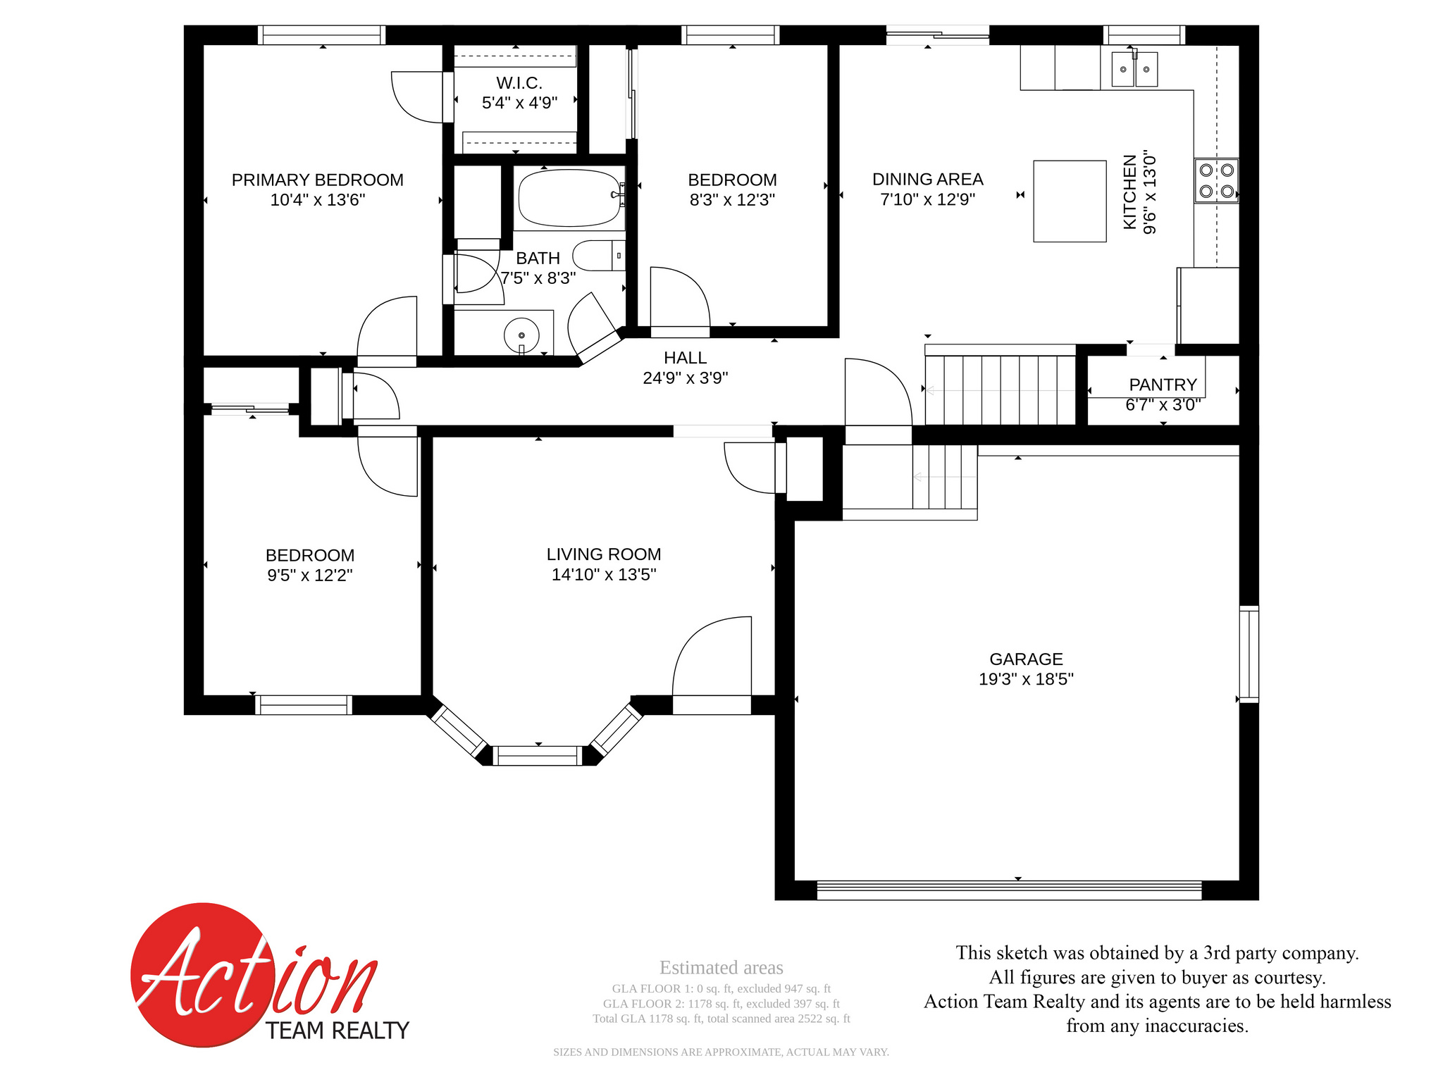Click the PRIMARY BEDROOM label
point(317,180)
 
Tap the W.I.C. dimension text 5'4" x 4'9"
point(519,103)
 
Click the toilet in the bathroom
point(599,256)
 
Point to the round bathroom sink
point(521,335)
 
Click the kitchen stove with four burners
point(1216,181)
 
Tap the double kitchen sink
point(1134,69)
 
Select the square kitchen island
point(1070,201)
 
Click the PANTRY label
point(1163,385)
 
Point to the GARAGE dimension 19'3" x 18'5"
point(1026,679)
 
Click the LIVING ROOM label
point(604,554)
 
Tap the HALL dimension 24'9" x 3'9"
point(685,378)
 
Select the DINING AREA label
point(927,180)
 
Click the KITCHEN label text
point(1130,192)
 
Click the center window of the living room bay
point(538,756)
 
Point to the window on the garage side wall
point(1249,654)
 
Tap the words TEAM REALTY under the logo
point(337,1031)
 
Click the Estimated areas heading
point(721,968)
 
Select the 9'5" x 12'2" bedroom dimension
point(309,576)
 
